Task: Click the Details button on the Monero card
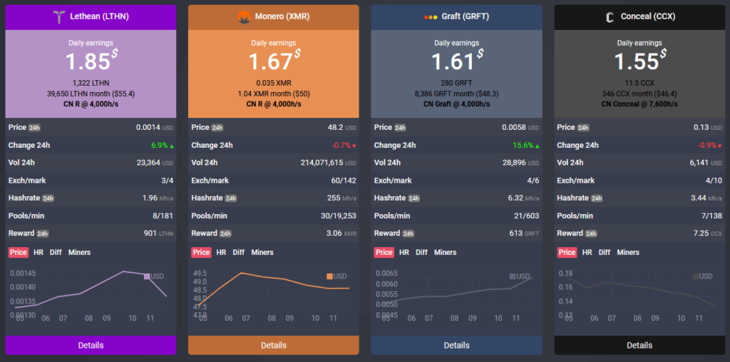coord(273,345)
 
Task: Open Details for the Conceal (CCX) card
coord(639,345)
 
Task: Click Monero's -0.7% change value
coord(339,145)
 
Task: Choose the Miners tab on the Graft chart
coord(445,252)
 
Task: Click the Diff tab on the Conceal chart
coord(604,252)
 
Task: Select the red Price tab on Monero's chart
coord(202,252)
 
